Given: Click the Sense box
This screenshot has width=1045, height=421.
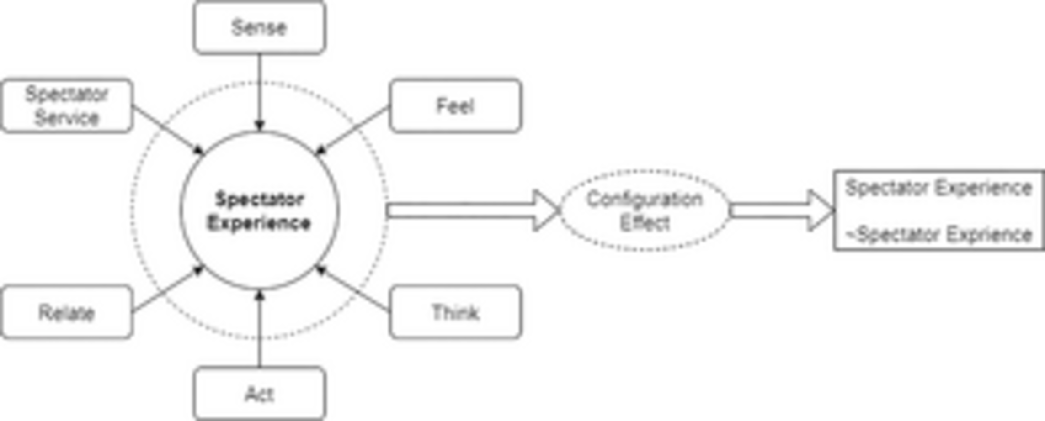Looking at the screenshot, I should click(259, 27).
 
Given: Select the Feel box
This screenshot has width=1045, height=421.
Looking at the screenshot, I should click(455, 106).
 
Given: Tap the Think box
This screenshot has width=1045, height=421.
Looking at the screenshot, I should click(455, 312).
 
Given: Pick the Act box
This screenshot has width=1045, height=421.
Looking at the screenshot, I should click(259, 394).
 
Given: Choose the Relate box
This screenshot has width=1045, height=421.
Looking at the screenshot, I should click(67, 312).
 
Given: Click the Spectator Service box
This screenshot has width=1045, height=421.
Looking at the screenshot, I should click(67, 106).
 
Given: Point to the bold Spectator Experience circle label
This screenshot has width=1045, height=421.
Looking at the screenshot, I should click(259, 211).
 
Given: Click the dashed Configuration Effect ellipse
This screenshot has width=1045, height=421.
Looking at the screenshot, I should click(645, 210).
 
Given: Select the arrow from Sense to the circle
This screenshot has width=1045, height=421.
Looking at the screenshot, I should click(260, 91).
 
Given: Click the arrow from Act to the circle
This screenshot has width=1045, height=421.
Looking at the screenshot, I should click(260, 329).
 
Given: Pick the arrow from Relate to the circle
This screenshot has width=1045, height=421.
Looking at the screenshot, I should click(167, 289).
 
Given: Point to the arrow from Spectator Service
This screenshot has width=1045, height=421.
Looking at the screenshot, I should click(167, 130).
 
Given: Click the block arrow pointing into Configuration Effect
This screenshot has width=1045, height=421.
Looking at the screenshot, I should click(471, 210).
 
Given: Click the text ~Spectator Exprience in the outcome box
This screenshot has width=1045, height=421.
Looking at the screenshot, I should click(939, 235).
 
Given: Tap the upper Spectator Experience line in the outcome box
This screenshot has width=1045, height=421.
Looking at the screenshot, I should click(939, 188).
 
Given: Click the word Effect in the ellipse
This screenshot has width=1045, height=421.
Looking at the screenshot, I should click(645, 223).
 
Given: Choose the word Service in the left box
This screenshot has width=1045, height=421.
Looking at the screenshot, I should click(67, 118).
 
